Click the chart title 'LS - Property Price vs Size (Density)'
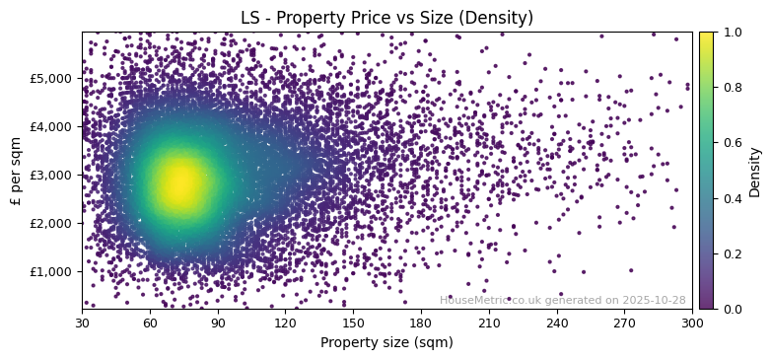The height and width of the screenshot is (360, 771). pyautogui.click(x=386, y=18)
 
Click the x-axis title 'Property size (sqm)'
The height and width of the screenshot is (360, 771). pyautogui.click(x=386, y=342)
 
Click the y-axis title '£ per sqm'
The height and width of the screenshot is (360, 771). pyautogui.click(x=16, y=171)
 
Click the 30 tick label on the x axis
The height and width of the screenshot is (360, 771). pyautogui.click(x=82, y=322)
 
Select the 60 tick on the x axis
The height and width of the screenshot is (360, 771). pyautogui.click(x=150, y=322)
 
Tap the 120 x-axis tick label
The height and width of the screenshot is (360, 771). pyautogui.click(x=285, y=322)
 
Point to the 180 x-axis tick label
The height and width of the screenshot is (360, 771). pyautogui.click(x=421, y=322)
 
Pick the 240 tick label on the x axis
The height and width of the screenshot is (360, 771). pyautogui.click(x=556, y=322)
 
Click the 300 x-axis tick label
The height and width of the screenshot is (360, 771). pyautogui.click(x=692, y=322)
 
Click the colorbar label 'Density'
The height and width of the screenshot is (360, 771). pyautogui.click(x=755, y=171)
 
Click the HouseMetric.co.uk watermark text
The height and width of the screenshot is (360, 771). pyautogui.click(x=562, y=300)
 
